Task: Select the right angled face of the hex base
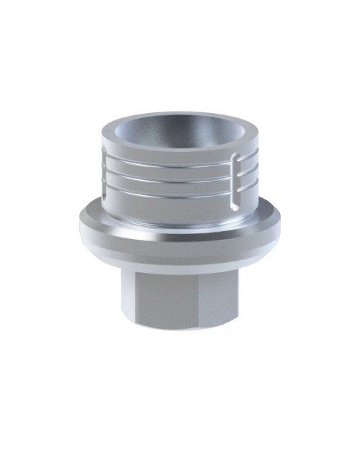219,292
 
